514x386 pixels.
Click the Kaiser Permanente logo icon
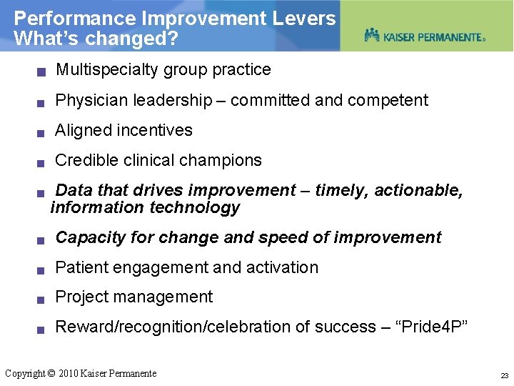click(x=372, y=34)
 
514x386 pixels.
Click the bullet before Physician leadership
click(x=42, y=102)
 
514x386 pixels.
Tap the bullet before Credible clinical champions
click(x=42, y=162)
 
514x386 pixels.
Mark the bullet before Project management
click(x=42, y=299)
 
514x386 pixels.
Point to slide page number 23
click(x=504, y=375)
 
